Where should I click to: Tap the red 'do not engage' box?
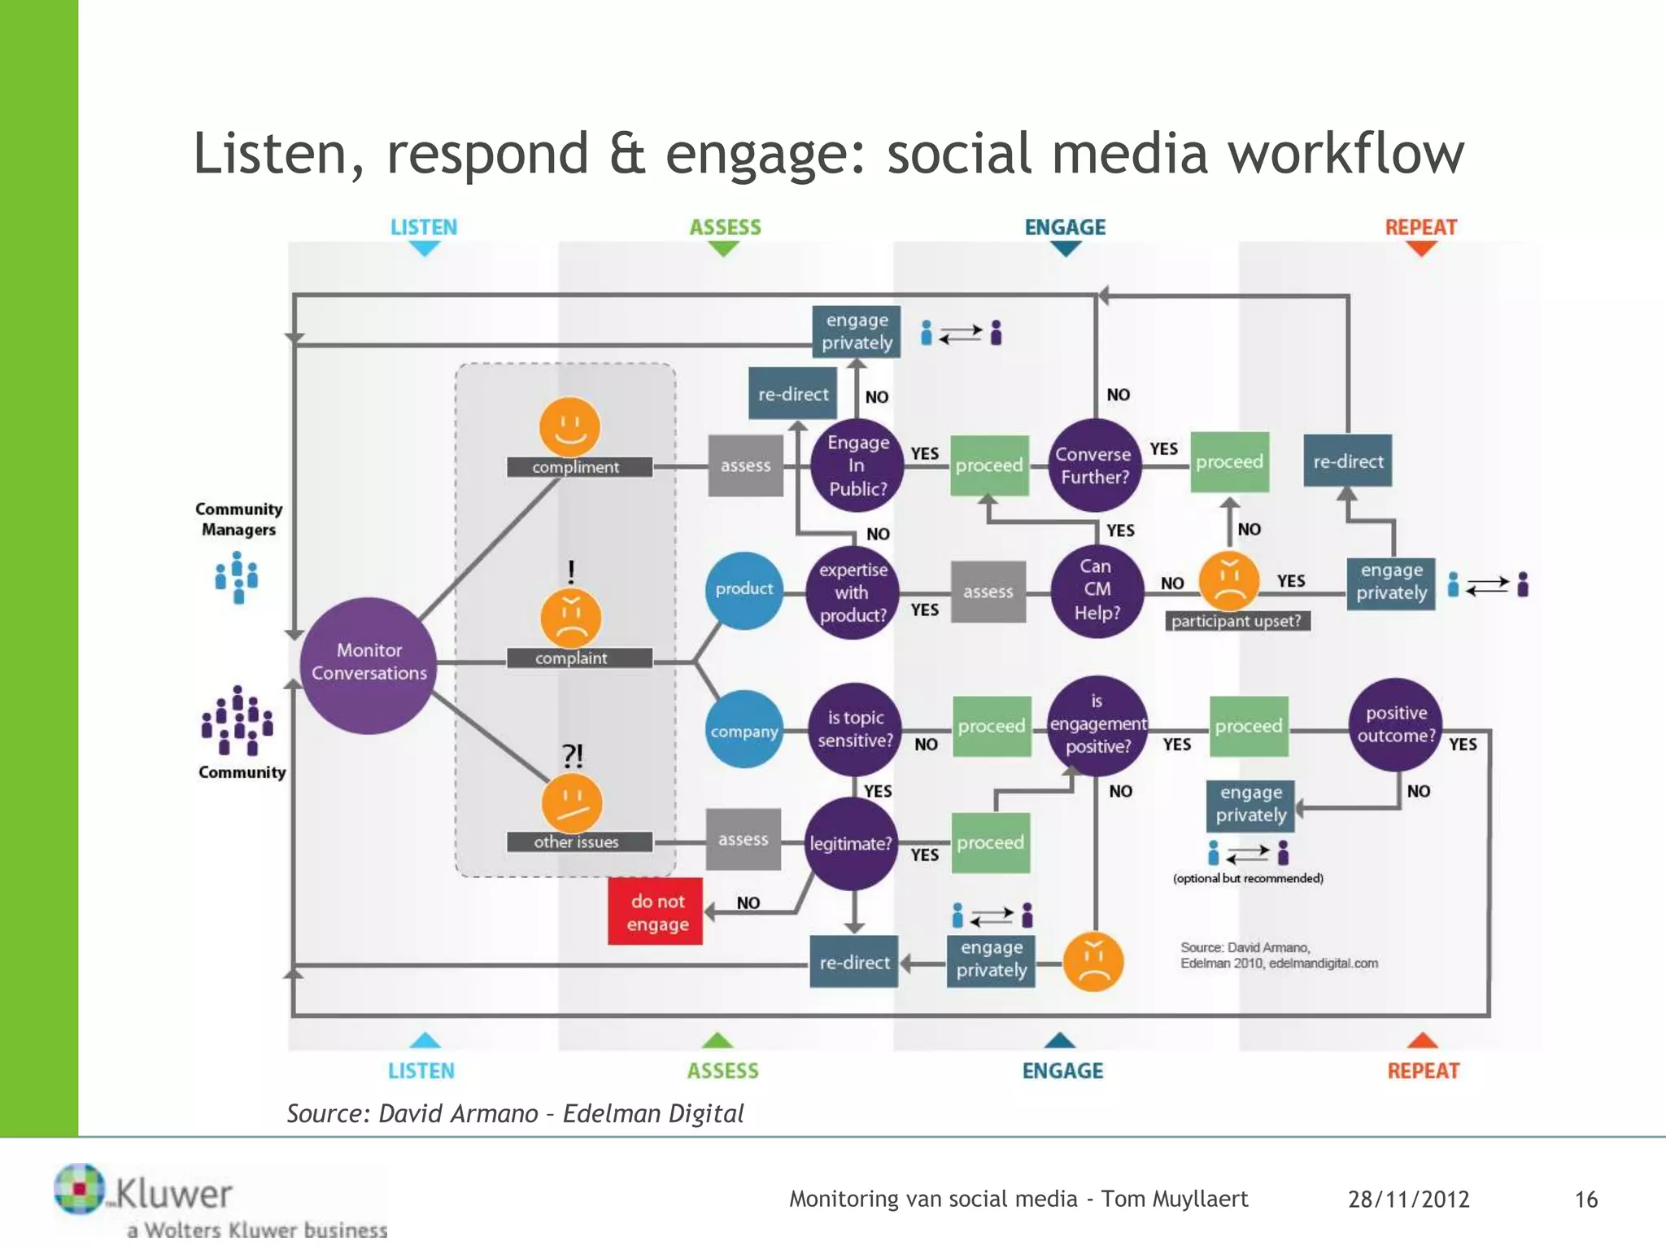(x=656, y=912)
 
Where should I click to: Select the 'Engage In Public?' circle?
(x=857, y=465)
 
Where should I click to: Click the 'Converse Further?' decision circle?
(x=1094, y=465)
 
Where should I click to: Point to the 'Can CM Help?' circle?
(x=1097, y=590)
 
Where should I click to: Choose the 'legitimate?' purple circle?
(x=851, y=844)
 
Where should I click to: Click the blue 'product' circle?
(x=744, y=589)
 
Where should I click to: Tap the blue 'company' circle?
(x=744, y=731)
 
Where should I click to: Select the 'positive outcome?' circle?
(x=1396, y=724)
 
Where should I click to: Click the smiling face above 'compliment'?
(x=569, y=426)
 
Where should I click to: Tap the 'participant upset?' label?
(x=1236, y=621)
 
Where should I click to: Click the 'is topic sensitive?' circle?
(x=855, y=729)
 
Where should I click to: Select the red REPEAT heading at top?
(x=1420, y=227)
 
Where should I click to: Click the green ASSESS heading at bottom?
(x=722, y=1071)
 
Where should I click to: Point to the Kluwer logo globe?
(x=79, y=1189)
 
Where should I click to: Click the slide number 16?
(x=1585, y=1200)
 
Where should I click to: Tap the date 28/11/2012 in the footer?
(x=1408, y=1200)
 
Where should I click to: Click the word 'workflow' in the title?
(x=1345, y=154)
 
